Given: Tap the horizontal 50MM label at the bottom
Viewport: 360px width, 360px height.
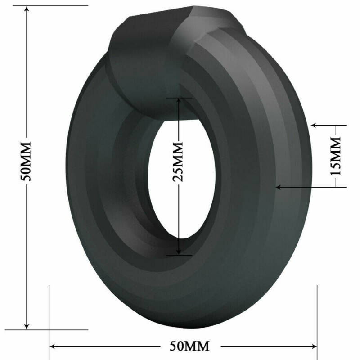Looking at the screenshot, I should pyautogui.click(x=189, y=346).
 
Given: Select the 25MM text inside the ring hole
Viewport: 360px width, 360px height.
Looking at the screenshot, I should pyautogui.click(x=179, y=161).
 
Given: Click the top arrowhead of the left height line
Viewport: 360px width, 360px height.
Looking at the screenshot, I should pyautogui.click(x=27, y=10).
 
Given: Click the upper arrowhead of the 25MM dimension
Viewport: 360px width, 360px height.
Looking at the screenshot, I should pyautogui.click(x=179, y=100).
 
